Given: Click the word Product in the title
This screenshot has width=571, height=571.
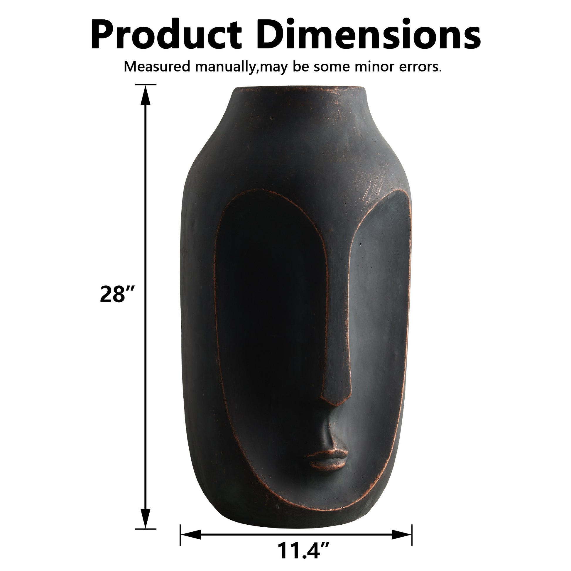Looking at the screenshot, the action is pos(166,35).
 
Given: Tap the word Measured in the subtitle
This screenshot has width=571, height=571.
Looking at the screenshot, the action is pos(157,67).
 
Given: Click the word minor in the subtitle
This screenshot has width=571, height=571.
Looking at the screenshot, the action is pos(375,67).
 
